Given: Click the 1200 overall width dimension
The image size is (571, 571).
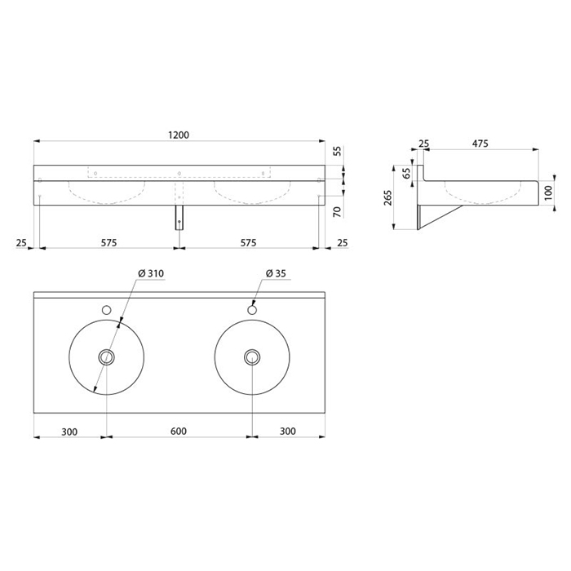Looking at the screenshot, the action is tap(179, 135).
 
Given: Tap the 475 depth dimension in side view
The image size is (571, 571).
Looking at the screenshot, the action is tap(480, 144).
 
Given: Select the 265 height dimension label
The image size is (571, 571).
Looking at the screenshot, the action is tap(388, 197).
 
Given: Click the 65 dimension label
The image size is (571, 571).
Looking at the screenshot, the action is tap(407, 173).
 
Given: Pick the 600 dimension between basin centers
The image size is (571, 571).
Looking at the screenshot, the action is tap(179, 432).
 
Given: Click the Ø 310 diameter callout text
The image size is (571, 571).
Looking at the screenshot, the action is tap(151, 273).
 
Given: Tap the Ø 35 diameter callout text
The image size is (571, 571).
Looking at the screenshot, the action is tap(276, 273).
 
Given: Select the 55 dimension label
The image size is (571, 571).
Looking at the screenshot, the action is tap(338, 151).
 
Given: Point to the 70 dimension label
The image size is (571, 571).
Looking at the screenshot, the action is tap(337, 211).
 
